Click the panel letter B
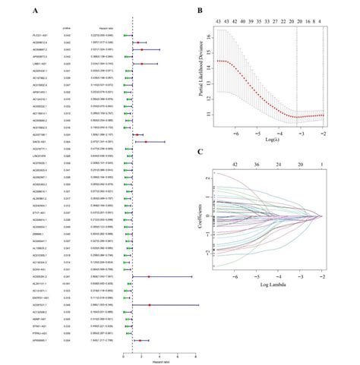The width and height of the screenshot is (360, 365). [198, 11]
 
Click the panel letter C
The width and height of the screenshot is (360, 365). [198, 152]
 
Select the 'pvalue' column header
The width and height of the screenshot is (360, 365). [66, 25]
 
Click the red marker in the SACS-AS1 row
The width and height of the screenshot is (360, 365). [146, 141]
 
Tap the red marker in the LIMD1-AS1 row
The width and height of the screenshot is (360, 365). [142, 64]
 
